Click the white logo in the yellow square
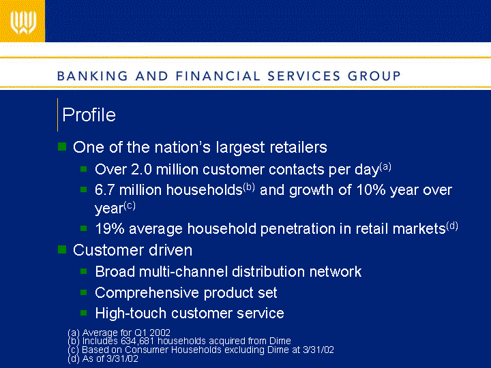point(23,22)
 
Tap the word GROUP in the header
point(374,76)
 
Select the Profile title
point(89,115)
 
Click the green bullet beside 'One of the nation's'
point(62,147)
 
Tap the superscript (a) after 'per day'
point(385,166)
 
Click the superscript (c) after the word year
point(130,206)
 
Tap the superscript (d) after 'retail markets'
point(452,226)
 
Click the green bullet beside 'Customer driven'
point(62,249)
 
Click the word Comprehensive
point(147,293)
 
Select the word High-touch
point(130,313)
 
